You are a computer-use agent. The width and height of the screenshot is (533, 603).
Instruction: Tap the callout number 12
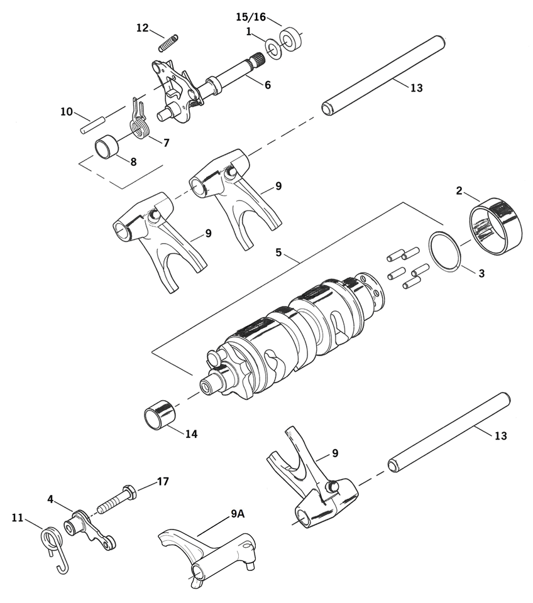tap(143, 28)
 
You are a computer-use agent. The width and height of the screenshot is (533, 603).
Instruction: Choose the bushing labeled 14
tap(161, 415)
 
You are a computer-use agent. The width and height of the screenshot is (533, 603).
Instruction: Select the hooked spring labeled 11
tap(53, 543)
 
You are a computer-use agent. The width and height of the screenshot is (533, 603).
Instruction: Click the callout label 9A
tap(237, 514)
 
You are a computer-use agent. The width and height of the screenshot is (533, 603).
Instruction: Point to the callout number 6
tap(268, 84)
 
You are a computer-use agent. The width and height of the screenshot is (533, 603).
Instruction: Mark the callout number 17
tap(163, 482)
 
